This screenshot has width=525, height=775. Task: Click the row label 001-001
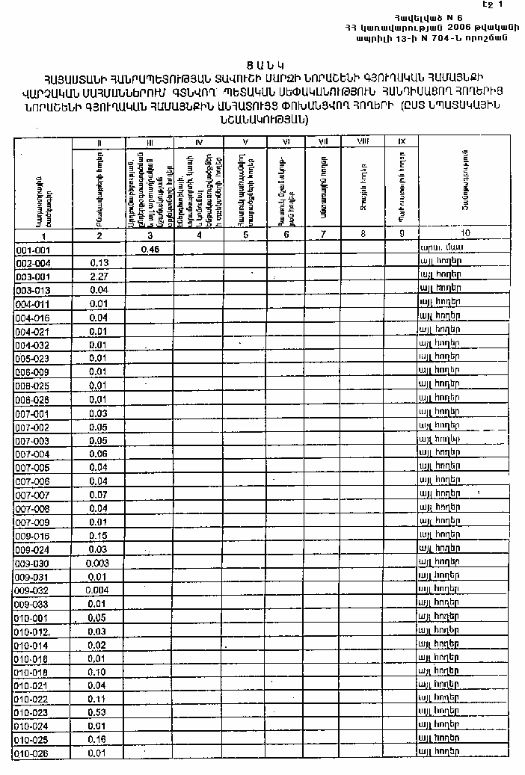point(32,250)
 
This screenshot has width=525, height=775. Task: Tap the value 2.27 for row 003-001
point(99,277)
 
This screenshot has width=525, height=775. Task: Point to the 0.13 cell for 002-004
point(99,263)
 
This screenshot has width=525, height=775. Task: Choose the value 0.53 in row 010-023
point(98,712)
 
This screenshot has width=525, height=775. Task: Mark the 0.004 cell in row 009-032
point(98,590)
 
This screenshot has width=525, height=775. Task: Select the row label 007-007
point(32,495)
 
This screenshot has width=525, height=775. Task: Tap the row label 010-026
point(32,753)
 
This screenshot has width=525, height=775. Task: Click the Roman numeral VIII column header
point(363,141)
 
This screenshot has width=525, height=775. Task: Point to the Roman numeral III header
point(150,141)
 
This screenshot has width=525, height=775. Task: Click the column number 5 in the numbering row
point(245,235)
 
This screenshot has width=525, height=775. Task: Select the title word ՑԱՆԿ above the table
point(262,64)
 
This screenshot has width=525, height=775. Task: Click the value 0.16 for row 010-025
point(98,739)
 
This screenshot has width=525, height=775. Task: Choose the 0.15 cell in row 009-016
point(98,536)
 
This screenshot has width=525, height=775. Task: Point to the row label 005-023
point(32,358)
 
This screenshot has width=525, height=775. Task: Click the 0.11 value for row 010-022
point(98,699)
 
